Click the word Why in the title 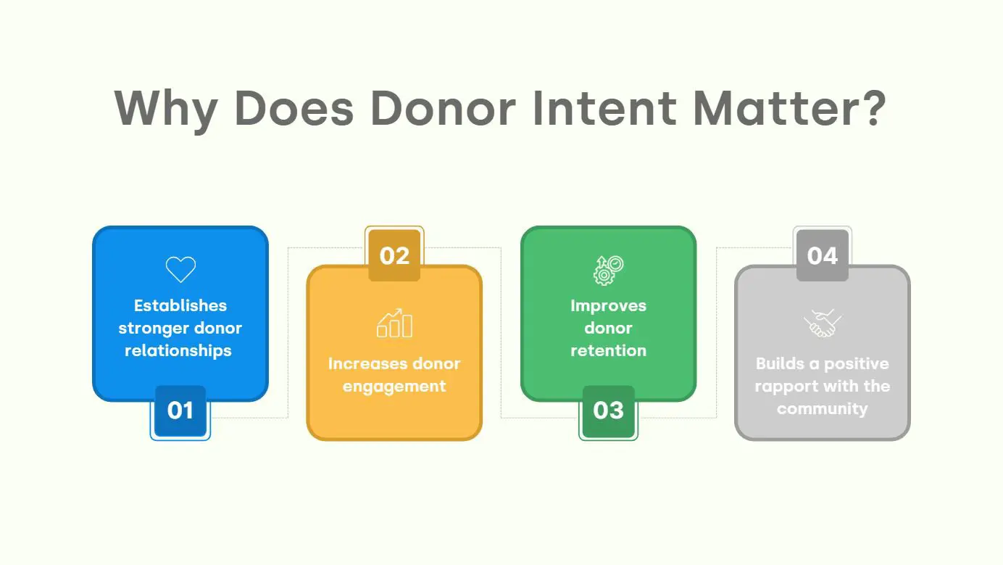click(x=166, y=109)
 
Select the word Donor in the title click(x=434, y=109)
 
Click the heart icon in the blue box click(x=180, y=269)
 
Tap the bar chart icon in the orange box click(x=394, y=324)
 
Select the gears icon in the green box click(x=608, y=270)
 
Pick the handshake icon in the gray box click(x=822, y=323)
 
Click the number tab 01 click(x=180, y=411)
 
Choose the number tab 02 click(x=394, y=255)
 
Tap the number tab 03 click(x=608, y=411)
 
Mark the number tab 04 click(x=822, y=255)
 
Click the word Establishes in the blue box click(x=180, y=305)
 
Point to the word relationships click(x=178, y=350)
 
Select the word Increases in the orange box click(x=362, y=363)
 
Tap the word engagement click(x=394, y=386)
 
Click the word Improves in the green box click(x=608, y=305)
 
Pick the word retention click(x=608, y=350)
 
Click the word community click(x=822, y=408)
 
